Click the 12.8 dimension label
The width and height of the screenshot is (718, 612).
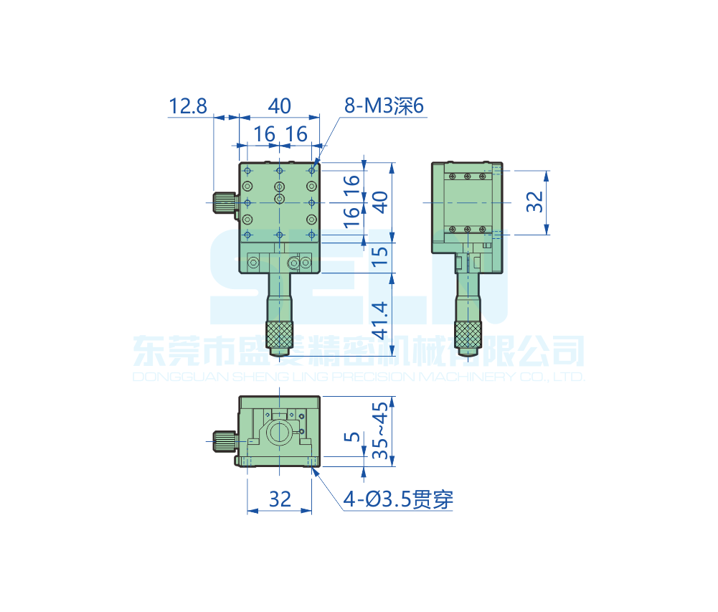click(188, 106)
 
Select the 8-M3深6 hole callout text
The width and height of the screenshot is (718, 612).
click(384, 106)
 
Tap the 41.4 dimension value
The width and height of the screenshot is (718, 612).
click(381, 321)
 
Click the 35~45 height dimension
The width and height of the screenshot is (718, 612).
click(381, 430)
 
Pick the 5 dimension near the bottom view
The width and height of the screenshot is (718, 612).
click(350, 437)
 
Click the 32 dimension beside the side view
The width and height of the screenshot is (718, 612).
click(534, 202)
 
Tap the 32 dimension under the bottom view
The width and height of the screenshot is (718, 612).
click(280, 499)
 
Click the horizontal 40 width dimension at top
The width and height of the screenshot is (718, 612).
click(280, 106)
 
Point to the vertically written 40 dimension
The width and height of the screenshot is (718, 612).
click(381, 203)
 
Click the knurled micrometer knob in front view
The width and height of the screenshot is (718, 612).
click(280, 334)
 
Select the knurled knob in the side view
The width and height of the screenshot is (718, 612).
click(468, 334)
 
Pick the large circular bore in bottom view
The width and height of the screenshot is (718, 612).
click(279, 433)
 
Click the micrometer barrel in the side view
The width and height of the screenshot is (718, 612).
click(468, 298)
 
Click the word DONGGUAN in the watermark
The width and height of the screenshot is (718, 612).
click(169, 377)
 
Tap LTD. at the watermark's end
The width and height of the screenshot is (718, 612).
click(570, 377)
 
